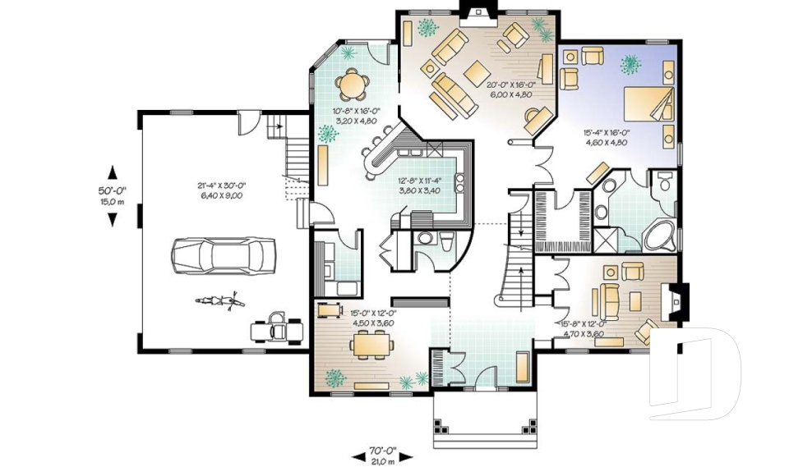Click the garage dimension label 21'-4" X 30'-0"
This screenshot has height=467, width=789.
(x=216, y=188)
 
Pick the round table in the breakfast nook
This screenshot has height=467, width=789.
(x=353, y=82)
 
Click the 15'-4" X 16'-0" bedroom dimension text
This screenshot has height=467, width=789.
(x=606, y=136)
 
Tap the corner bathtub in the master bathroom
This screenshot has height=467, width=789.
(x=660, y=236)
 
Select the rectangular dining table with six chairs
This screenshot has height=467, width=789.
(x=375, y=344)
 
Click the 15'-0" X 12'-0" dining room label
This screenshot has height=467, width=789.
(x=374, y=317)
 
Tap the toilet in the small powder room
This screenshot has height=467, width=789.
(x=447, y=241)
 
